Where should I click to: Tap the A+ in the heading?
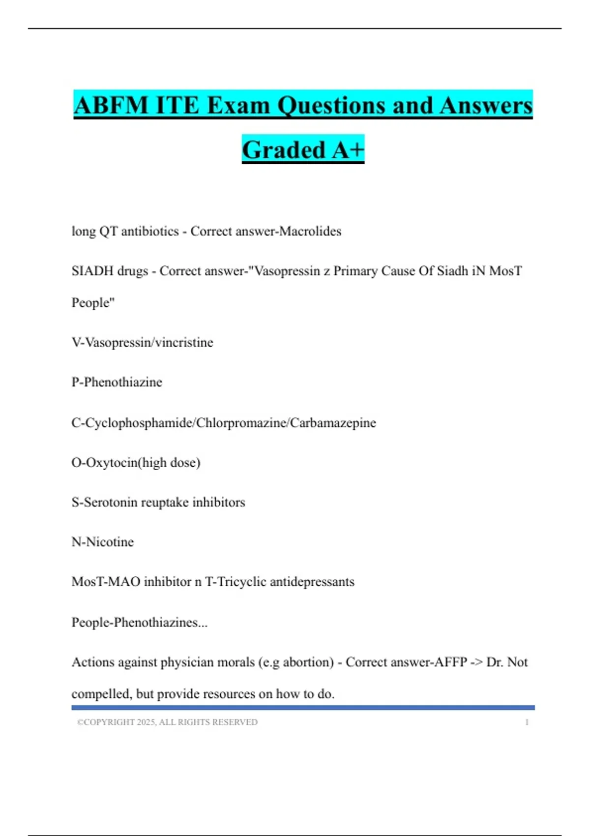(348, 150)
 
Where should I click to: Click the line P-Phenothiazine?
(117, 382)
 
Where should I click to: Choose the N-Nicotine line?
(103, 542)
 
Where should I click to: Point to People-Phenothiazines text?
(140, 623)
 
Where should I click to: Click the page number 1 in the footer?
(527, 722)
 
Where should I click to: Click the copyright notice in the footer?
(167, 722)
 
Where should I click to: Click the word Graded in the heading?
(284, 150)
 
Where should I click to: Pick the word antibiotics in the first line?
(150, 231)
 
